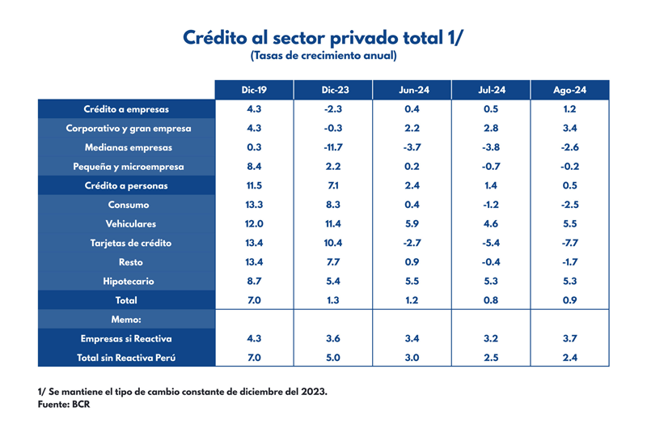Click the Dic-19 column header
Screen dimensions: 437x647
click(x=254, y=90)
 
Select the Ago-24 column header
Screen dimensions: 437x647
click(x=569, y=90)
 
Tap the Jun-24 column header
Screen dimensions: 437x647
click(x=412, y=90)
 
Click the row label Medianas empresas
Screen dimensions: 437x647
click(x=128, y=147)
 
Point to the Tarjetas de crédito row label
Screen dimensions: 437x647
click(x=128, y=243)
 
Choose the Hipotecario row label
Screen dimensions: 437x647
click(x=128, y=281)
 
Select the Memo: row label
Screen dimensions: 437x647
click(x=128, y=320)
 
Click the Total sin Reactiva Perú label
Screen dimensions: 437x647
click(x=128, y=358)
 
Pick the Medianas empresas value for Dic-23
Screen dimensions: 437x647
click(x=334, y=147)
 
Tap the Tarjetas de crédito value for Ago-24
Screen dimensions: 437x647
click(x=569, y=243)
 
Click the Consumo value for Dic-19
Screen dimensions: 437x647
click(x=254, y=205)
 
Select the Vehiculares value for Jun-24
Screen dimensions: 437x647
click(x=412, y=224)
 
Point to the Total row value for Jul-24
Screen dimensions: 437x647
click(x=491, y=300)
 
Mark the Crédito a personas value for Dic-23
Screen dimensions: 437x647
click(x=334, y=185)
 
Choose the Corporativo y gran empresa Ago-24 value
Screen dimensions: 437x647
click(x=569, y=128)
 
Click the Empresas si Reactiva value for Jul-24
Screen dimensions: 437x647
click(x=491, y=338)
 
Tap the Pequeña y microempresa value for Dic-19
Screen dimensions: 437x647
click(x=254, y=167)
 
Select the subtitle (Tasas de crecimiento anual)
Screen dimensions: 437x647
click(x=323, y=56)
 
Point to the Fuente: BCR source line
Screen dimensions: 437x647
click(x=64, y=404)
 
